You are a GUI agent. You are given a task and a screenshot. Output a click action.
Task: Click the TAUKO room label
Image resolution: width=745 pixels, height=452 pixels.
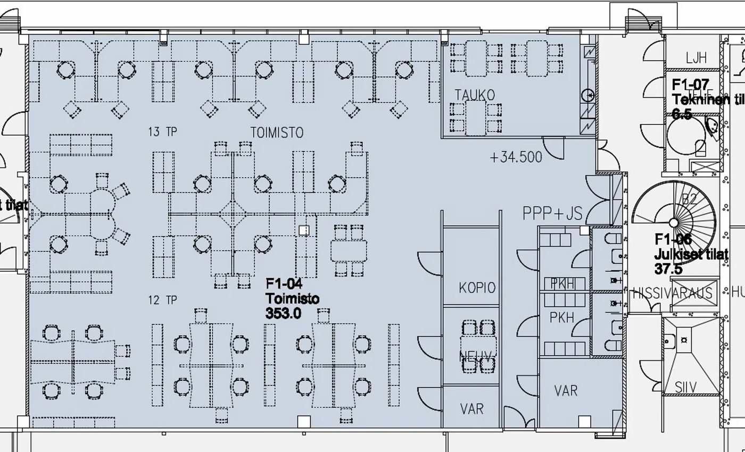pos(475,95)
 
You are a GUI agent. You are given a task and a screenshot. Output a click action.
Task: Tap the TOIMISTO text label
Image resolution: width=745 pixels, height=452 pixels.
pos(277,132)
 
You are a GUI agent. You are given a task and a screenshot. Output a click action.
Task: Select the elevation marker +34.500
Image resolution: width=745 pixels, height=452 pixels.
pos(516,157)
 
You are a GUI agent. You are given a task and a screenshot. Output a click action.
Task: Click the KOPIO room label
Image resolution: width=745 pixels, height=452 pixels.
pos(477,288)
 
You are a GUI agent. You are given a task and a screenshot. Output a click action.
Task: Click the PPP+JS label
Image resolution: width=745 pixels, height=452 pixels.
pos(552,213)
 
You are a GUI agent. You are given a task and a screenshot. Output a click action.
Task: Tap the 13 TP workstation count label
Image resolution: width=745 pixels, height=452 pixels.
pos(162,132)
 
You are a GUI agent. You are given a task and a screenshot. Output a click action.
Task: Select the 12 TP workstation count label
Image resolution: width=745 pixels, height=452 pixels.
pos(162,300)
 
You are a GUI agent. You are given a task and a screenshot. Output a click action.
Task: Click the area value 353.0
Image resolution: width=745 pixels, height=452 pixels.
pos(283,314)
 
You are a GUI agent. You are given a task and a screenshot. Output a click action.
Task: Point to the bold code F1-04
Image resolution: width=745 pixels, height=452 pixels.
pos(284,284)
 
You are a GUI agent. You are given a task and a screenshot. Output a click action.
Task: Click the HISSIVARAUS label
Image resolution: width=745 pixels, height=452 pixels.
pos(672,294)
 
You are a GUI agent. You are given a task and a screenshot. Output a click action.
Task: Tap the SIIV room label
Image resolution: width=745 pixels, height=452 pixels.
pos(685,387)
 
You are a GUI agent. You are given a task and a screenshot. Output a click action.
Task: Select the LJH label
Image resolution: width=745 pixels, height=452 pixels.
pos(696,58)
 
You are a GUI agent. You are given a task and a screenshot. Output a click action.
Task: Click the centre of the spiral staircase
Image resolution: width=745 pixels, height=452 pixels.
pos(674,223)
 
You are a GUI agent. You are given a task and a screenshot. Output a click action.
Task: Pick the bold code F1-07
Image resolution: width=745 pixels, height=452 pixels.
pos(690,85)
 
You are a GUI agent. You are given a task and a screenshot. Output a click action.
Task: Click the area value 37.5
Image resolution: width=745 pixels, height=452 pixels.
pos(668,269)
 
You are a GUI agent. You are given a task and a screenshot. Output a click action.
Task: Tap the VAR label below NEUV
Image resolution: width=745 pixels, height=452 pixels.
pos(471,409)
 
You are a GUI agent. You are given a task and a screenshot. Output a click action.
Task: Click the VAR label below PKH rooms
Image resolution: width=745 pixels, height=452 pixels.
pos(565,391)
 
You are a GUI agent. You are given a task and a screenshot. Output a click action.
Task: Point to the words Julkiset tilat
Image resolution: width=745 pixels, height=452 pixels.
pos(691,255)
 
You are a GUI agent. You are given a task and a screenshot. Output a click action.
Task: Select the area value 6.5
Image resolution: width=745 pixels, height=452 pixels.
pos(682,114)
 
